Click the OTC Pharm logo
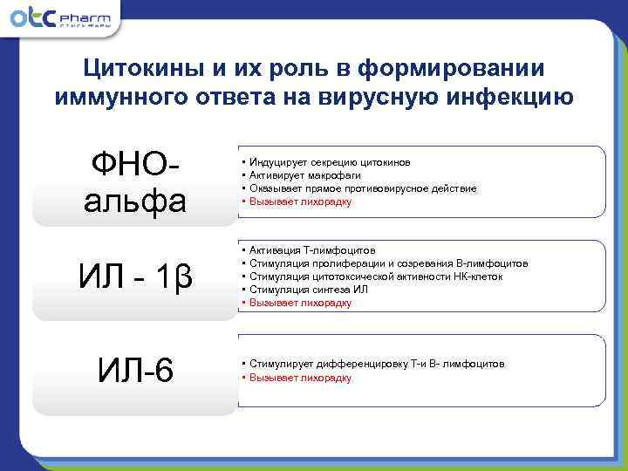coord(61,19)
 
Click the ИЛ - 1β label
coord(135,277)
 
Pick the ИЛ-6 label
coord(135,372)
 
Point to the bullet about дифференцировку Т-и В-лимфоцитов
coord(376,364)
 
